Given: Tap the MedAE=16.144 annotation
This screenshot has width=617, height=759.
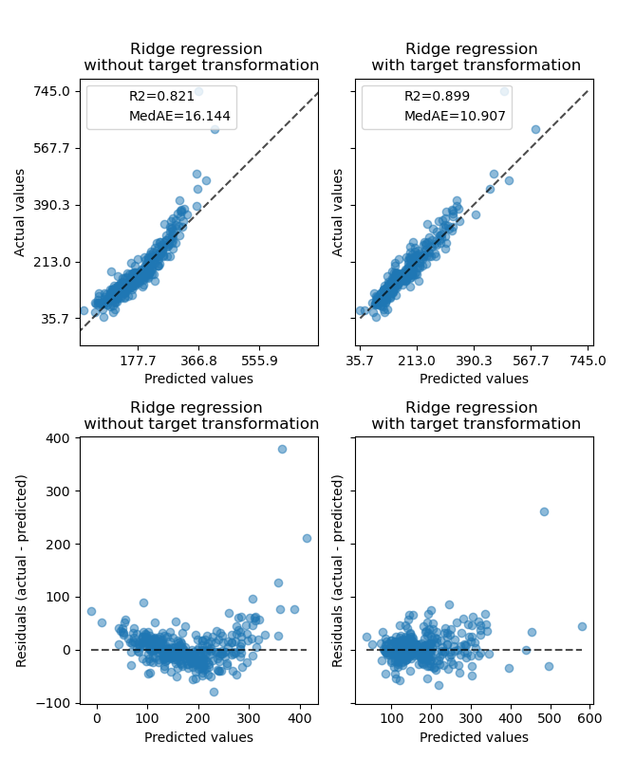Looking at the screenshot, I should coord(179,116).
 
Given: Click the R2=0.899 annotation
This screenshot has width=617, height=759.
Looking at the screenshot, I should coord(431,97).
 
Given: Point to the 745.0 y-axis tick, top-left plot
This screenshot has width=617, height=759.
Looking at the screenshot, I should coord(53,91).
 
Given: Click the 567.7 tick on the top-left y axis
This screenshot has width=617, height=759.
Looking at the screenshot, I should coord(53,148).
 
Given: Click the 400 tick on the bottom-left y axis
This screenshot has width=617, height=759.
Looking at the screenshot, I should coord(59,438).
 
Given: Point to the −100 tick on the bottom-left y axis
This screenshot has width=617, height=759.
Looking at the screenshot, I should coord(53,703).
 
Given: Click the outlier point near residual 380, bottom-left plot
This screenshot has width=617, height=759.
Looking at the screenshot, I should coord(282,449).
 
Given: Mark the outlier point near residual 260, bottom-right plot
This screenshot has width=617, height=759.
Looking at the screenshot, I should coord(544,511).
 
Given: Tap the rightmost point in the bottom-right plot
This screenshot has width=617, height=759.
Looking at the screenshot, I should coord(582,626).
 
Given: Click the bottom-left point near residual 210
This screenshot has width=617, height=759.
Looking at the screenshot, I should coord(307,538).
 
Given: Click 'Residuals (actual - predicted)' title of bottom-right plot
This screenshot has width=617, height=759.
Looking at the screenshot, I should coord(338,570).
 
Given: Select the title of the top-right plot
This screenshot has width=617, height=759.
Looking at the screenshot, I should coord(476,57).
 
